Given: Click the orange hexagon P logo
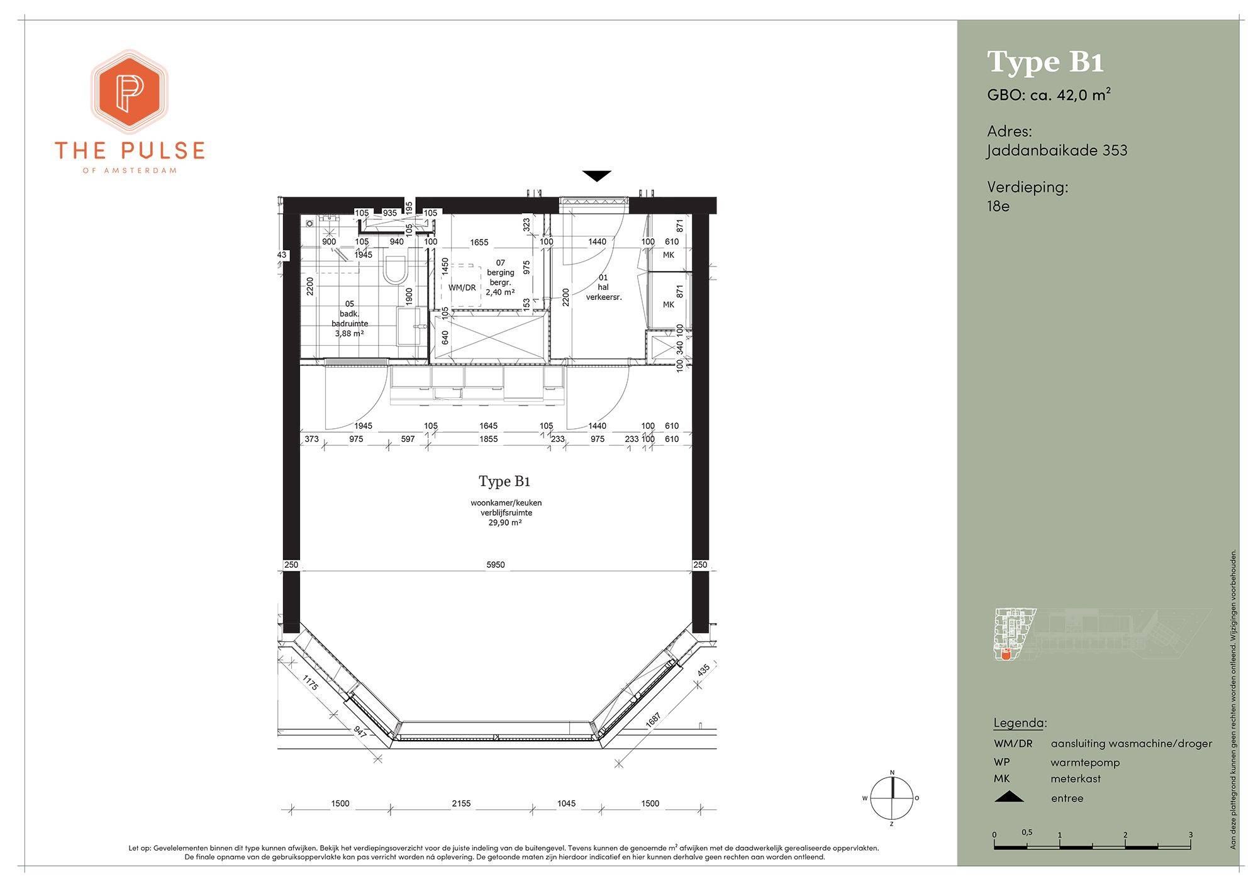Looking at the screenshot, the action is tap(130, 92).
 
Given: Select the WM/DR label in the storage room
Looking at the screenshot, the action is tap(462, 288).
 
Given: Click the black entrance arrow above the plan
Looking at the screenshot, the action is tap(596, 176).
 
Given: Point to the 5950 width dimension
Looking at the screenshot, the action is tap(496, 565).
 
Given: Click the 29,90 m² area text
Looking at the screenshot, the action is tap(506, 522).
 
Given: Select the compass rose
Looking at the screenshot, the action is tap(891, 798).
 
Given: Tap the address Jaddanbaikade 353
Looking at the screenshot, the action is tap(1057, 150).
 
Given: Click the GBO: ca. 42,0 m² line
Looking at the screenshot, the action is tap(1049, 95).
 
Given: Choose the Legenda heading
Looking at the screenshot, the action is tap(1020, 722).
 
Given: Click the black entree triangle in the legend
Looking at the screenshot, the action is tap(1008, 797).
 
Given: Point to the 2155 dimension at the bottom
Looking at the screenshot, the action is tap(461, 803).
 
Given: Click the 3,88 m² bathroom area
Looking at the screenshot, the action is tap(350, 333).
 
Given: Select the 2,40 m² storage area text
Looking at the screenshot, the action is tap(500, 292).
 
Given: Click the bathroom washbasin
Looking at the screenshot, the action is tap(409, 326).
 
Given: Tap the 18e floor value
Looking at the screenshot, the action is tap(998, 206).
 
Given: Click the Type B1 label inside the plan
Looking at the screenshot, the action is tap(504, 482).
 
